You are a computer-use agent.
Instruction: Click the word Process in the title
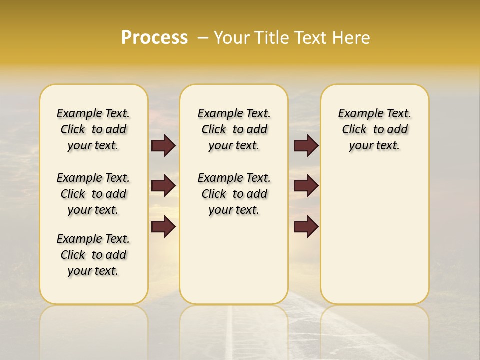coord(154,38)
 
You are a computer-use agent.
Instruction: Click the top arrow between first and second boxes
coord(163,145)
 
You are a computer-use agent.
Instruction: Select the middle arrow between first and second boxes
coord(163,186)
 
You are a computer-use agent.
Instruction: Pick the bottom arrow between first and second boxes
coord(163,227)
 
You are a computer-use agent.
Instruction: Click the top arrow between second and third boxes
coord(306,145)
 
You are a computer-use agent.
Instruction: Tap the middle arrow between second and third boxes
coord(306,186)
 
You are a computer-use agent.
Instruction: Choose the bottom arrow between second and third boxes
coord(306,227)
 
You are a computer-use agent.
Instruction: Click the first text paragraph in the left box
coord(93,129)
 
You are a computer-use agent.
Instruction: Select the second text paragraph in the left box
coord(93,194)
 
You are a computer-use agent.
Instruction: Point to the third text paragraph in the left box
coord(93,255)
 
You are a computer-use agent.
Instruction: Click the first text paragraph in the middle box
coord(234,129)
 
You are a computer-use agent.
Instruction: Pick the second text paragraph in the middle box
coord(234,194)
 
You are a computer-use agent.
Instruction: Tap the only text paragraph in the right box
coord(374,129)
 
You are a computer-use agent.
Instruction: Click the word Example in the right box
coord(357,113)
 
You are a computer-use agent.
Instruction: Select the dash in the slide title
coord(202,38)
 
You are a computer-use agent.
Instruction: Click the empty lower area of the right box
coord(374,240)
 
